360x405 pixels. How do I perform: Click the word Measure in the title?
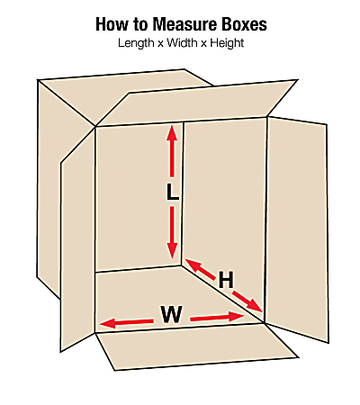pyautogui.click(x=185, y=24)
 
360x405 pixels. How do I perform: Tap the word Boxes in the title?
pyautogui.click(x=244, y=24)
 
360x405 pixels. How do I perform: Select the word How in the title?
pyautogui.click(x=112, y=24)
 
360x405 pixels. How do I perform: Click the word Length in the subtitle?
pyautogui.click(x=136, y=43)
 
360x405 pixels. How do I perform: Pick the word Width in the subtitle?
pyautogui.click(x=183, y=43)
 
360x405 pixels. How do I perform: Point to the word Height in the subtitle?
pyautogui.click(x=227, y=43)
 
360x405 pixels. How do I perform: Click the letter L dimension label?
pyautogui.click(x=173, y=192)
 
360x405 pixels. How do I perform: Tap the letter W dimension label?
pyautogui.click(x=171, y=314)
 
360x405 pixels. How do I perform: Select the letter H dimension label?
pyautogui.click(x=226, y=280)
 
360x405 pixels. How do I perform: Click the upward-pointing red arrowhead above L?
pyautogui.click(x=172, y=133)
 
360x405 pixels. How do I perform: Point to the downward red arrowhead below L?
pyautogui.click(x=172, y=250)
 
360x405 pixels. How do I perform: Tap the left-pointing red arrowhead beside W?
pyautogui.click(x=107, y=323)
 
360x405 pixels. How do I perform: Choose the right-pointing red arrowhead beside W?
pyautogui.click(x=237, y=316)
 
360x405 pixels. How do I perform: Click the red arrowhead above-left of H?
pyautogui.click(x=193, y=265)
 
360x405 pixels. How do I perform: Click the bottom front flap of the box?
pyautogui.click(x=196, y=346)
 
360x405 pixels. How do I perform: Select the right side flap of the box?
pyautogui.click(x=297, y=229)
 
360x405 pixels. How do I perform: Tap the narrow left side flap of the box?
pyautogui.click(x=77, y=240)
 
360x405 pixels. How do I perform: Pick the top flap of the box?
pyautogui.click(x=196, y=103)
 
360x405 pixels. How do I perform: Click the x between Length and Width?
pyautogui.click(x=160, y=44)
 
